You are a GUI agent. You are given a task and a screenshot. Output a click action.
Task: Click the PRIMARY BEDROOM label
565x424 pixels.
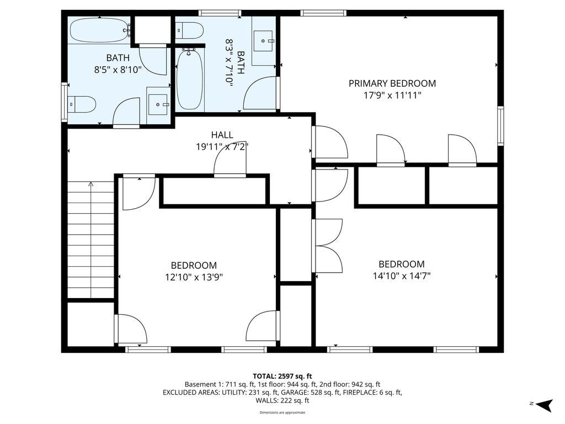click(x=392, y=83)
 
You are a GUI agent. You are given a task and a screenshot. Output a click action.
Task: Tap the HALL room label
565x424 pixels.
click(x=222, y=135)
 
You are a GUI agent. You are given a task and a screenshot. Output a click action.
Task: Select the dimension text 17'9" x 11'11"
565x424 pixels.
click(x=392, y=96)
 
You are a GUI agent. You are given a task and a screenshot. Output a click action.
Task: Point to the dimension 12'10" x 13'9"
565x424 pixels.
click(x=193, y=277)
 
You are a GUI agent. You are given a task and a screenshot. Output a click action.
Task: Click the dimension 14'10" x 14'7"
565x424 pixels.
click(x=401, y=276)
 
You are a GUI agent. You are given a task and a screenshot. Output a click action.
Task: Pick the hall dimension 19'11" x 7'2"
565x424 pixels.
click(x=222, y=147)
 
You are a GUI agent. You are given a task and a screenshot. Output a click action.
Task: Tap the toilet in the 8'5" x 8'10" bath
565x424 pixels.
click(x=82, y=104)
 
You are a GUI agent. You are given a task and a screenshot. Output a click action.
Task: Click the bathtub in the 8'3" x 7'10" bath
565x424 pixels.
click(x=190, y=79)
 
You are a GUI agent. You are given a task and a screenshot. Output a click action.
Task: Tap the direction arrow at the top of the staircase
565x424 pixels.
click(x=92, y=185)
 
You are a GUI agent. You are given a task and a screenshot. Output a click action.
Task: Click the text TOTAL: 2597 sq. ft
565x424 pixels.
click(x=282, y=376)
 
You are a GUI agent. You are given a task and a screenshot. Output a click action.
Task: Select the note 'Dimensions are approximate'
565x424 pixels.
click(x=282, y=412)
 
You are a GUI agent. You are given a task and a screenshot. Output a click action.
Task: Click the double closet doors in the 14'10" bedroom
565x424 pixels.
click(x=328, y=246)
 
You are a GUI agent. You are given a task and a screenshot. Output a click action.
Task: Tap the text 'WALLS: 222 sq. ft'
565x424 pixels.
click(x=282, y=400)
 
